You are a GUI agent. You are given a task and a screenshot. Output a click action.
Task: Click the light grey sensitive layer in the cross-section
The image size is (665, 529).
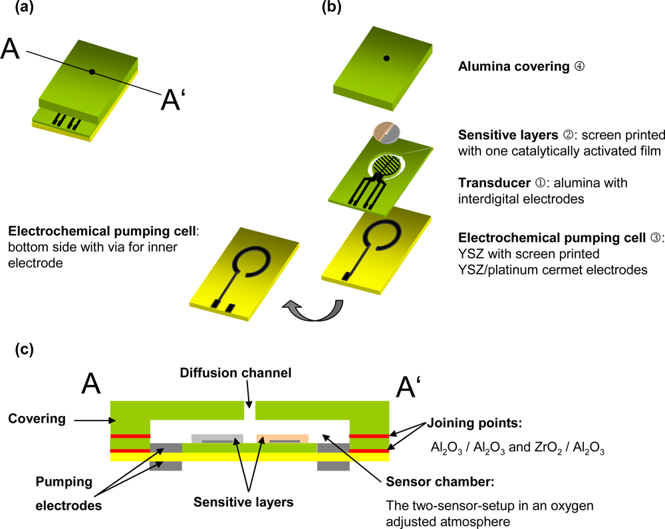(x=216, y=439)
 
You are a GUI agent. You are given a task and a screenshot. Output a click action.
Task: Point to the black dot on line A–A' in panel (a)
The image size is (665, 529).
(x=92, y=71)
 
